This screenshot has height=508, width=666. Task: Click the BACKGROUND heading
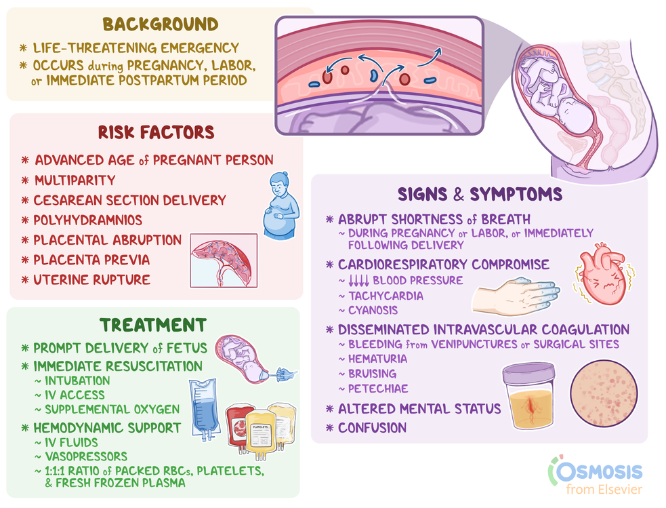161,24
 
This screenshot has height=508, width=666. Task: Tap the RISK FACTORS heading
156,132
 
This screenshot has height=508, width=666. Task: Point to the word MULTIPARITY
75,180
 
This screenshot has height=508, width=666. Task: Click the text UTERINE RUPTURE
92,279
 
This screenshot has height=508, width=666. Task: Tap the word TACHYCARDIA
385,296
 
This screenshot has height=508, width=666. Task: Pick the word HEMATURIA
377,359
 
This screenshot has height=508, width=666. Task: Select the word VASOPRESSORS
85,456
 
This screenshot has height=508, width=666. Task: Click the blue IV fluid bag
205,406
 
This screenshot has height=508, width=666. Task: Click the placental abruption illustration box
224,260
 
